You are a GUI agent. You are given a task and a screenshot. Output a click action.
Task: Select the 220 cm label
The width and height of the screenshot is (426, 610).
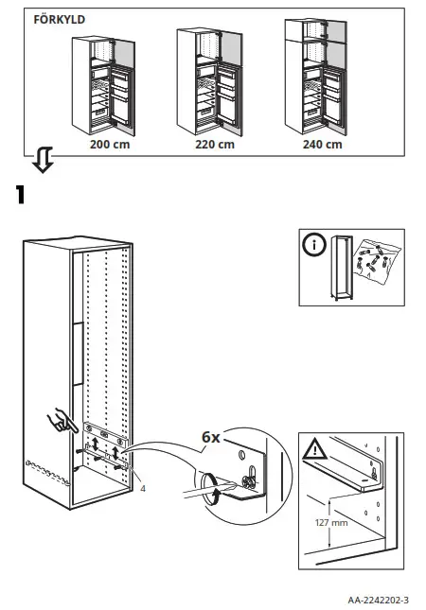214,145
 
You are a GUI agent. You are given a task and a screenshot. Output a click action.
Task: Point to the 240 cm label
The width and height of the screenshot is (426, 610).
322,145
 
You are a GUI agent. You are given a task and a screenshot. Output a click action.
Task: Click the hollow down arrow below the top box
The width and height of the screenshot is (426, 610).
41,162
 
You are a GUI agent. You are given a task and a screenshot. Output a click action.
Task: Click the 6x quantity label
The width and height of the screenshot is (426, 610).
210,438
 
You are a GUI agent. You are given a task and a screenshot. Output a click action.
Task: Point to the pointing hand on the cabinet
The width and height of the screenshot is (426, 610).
60,420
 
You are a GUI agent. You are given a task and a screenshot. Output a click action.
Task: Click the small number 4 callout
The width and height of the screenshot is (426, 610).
141,489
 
